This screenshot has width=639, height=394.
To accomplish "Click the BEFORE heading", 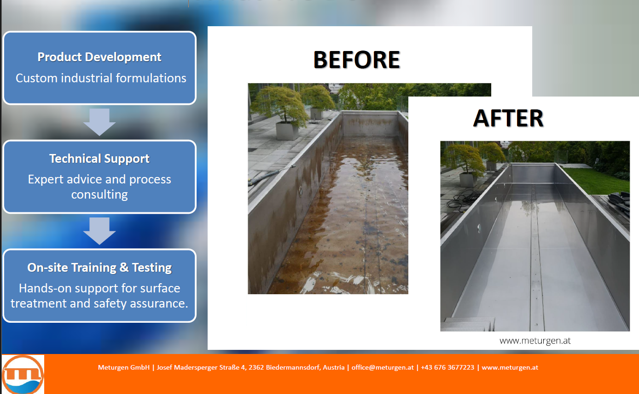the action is [x=357, y=60].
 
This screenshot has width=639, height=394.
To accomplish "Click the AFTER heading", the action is [x=508, y=118].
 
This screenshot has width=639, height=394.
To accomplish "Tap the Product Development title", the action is [x=99, y=57].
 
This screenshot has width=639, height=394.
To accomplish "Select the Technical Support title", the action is [x=99, y=159].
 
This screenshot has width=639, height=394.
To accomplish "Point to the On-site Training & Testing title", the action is [x=99, y=268].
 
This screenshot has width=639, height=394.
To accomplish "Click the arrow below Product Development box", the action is [x=99, y=122].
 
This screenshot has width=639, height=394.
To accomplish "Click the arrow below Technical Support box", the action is [x=99, y=231].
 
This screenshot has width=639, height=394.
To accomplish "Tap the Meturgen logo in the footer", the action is [x=23, y=374].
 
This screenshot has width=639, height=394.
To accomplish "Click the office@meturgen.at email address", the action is [x=383, y=367].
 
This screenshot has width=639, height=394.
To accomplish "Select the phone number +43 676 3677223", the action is [x=447, y=367].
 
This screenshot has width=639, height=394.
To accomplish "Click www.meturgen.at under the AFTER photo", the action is [x=535, y=341].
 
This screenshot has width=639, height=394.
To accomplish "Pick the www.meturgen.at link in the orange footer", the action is [x=510, y=367].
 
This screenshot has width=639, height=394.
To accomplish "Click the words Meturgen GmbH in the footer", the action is [x=124, y=367].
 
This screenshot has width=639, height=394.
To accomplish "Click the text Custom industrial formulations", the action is [x=101, y=78].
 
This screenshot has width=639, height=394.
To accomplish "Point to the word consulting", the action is [x=99, y=194].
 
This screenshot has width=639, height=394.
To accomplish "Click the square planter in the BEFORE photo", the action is [x=287, y=131].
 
